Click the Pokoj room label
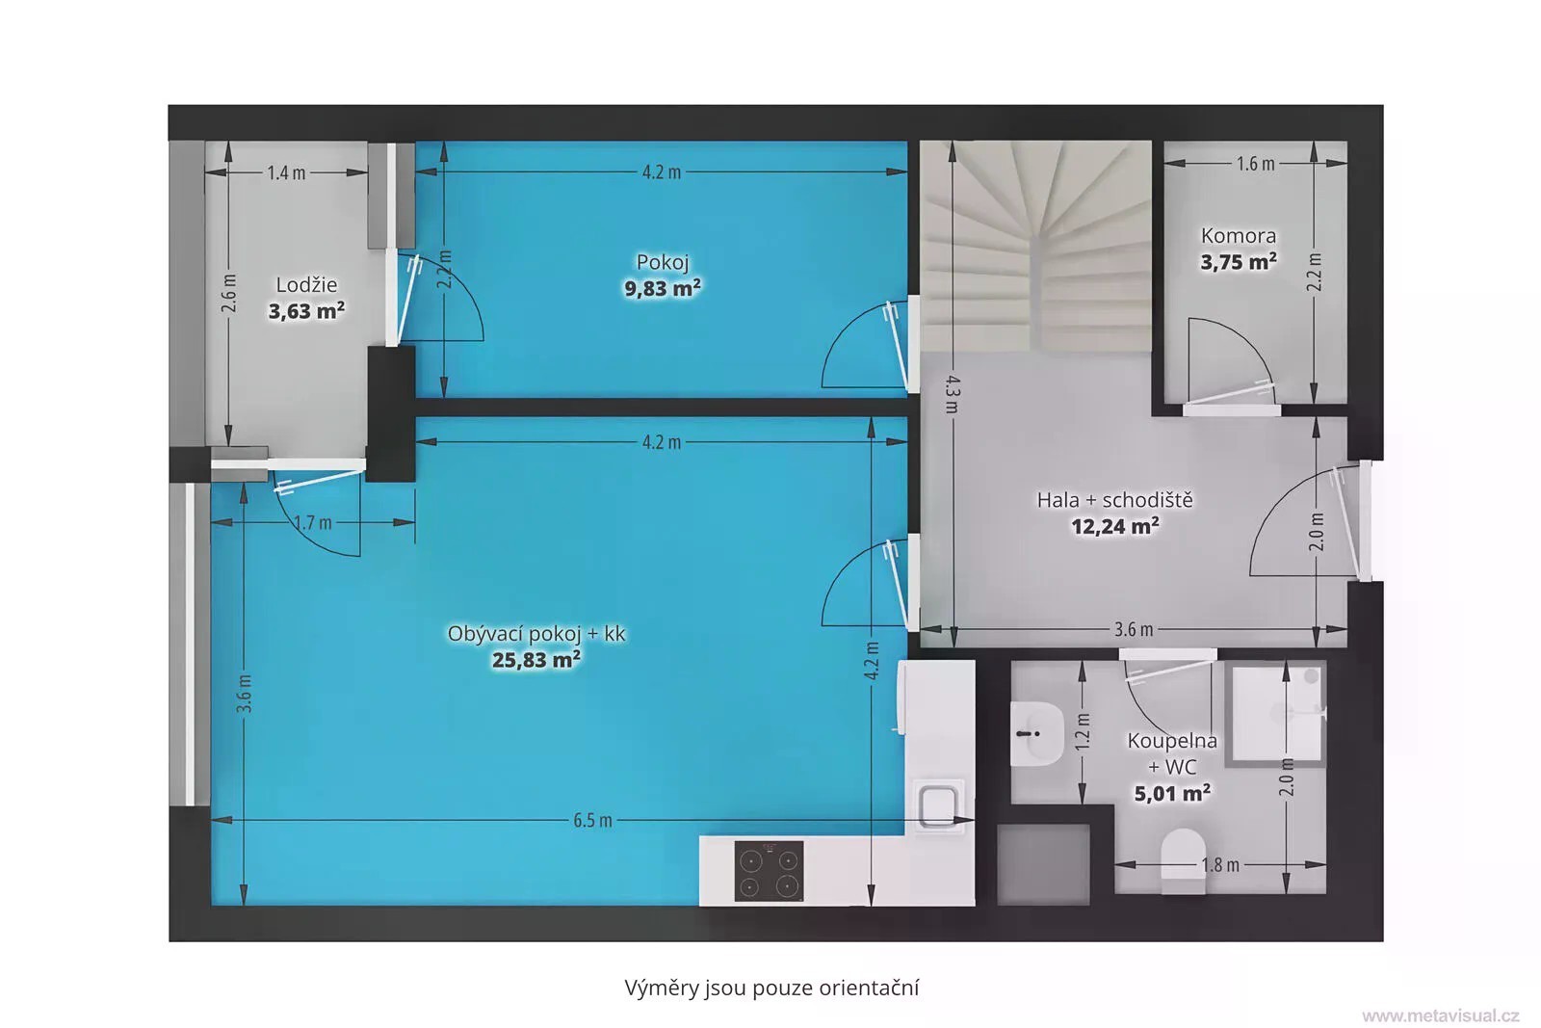click(662, 262)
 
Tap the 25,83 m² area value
click(535, 660)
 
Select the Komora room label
click(1239, 236)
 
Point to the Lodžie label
click(306, 285)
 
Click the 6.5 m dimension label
click(592, 820)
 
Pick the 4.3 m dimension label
click(953, 394)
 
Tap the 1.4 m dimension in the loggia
click(286, 172)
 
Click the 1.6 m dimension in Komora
click(1256, 164)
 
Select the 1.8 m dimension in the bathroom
click(1220, 865)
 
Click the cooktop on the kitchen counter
click(769, 870)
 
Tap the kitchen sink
click(937, 805)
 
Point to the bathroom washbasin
click(1036, 734)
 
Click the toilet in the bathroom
click(1183, 860)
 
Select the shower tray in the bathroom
click(1277, 713)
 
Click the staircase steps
click(1035, 247)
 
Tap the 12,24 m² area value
click(1114, 526)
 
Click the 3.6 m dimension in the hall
click(1133, 629)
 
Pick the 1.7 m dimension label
click(313, 523)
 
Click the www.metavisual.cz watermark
click(1441, 1015)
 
